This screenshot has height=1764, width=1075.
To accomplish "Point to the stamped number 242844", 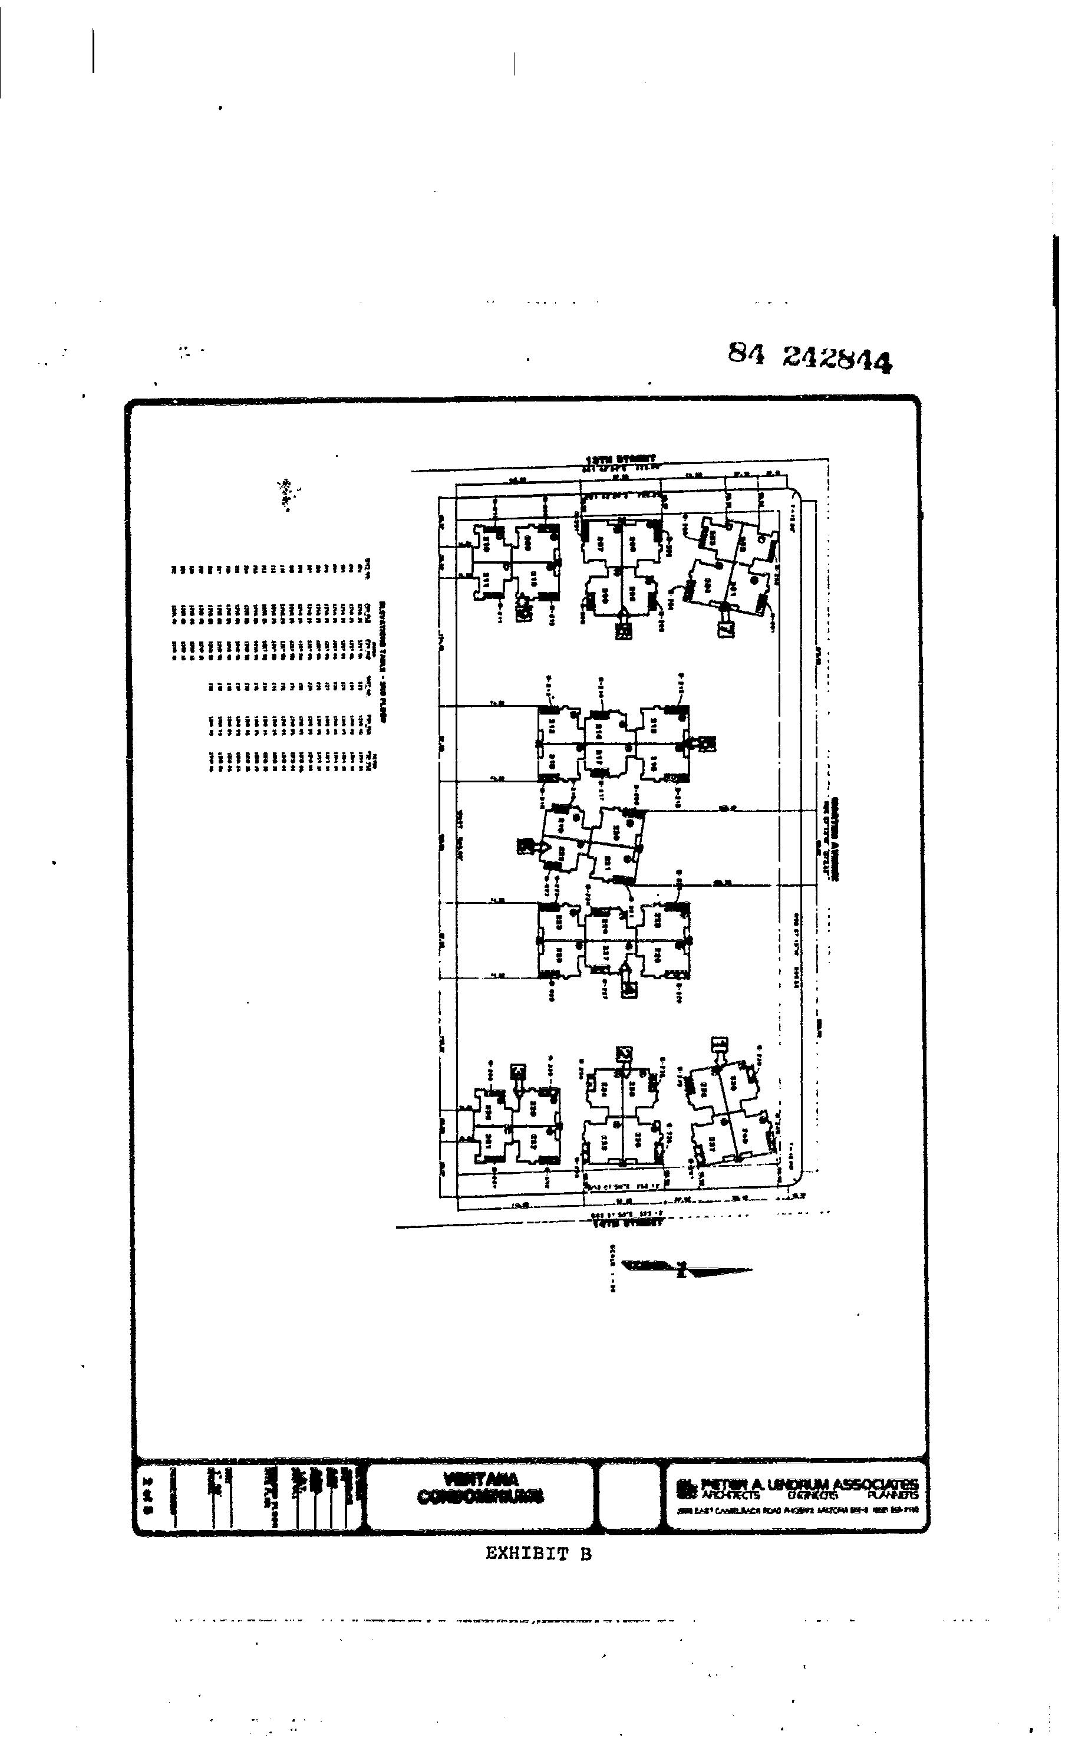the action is [837, 358].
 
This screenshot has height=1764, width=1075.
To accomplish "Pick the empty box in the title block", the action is [629, 1494].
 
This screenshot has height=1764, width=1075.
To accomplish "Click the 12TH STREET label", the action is [621, 458].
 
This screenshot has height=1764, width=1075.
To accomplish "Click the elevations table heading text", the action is [384, 661].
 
